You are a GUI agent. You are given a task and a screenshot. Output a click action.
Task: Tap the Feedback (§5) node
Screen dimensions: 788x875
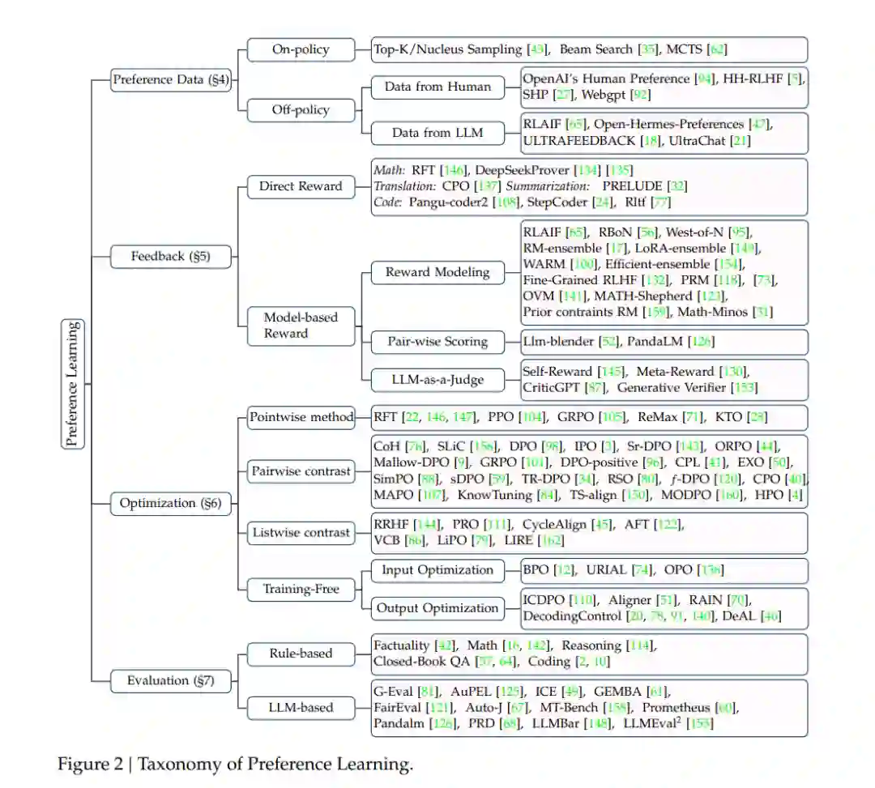pos(170,257)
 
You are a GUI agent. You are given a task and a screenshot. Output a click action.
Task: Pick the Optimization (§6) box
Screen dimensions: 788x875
pos(170,503)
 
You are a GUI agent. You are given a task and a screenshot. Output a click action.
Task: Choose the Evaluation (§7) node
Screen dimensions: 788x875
pos(170,680)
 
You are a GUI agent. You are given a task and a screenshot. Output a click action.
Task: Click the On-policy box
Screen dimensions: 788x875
pos(301,49)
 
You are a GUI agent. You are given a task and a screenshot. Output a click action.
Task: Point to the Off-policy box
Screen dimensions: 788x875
pos(301,109)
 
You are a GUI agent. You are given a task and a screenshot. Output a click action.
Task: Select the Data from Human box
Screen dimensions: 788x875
pos(437,87)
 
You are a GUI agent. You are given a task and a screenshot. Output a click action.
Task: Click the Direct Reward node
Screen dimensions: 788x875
pos(301,186)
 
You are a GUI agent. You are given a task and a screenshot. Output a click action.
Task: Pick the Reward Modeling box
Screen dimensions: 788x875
pos(437,272)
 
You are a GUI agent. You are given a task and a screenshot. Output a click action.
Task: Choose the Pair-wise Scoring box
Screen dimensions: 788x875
pos(437,341)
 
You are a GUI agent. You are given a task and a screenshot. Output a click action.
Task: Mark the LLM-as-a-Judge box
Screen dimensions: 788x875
pos(437,379)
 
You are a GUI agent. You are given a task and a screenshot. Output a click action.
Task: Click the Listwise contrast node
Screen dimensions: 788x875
pos(301,532)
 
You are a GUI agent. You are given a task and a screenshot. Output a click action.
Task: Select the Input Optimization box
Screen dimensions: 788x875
pos(437,570)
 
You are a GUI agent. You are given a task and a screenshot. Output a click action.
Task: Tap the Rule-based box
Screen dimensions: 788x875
pos(301,653)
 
